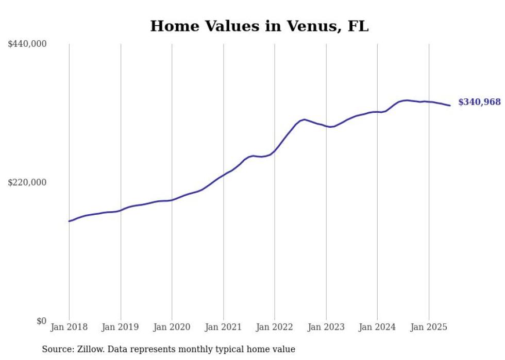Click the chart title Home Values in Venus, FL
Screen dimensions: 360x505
pyautogui.click(x=259, y=26)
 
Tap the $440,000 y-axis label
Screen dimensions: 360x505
pyautogui.click(x=27, y=44)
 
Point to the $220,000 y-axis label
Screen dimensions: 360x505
pyautogui.click(x=27, y=182)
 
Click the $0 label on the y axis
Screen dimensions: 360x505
pyautogui.click(x=41, y=321)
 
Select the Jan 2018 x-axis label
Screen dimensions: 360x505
pyautogui.click(x=70, y=327)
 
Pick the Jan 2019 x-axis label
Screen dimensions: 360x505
pyautogui.click(x=121, y=327)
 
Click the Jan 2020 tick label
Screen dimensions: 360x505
pyautogui.click(x=172, y=327)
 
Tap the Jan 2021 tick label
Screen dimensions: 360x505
pyautogui.click(x=223, y=327)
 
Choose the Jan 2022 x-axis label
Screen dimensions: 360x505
pyautogui.click(x=275, y=327)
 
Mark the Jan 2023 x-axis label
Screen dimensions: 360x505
pyautogui.click(x=326, y=327)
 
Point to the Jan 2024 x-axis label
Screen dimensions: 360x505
pyautogui.click(x=377, y=327)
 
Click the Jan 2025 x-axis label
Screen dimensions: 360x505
pyautogui.click(x=428, y=327)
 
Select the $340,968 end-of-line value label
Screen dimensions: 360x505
pyautogui.click(x=479, y=102)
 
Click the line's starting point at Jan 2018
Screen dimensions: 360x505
pyautogui.click(x=70, y=221)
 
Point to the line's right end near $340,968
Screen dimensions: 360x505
pyautogui.click(x=450, y=106)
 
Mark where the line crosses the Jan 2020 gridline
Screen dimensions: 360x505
pyautogui.click(x=172, y=200)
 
